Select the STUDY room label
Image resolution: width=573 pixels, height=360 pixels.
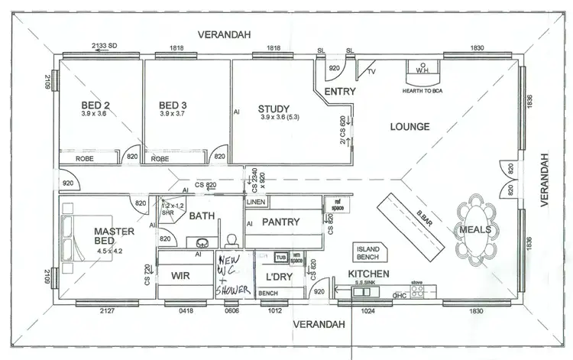[x=273, y=109]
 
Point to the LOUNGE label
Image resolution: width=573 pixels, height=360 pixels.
[x=410, y=127]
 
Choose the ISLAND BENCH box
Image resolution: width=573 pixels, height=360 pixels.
[x=371, y=253]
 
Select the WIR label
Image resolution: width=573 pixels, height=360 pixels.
[x=180, y=275]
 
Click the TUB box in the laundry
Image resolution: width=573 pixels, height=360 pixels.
[x=281, y=258]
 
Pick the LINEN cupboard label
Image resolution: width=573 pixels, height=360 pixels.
[x=255, y=202]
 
